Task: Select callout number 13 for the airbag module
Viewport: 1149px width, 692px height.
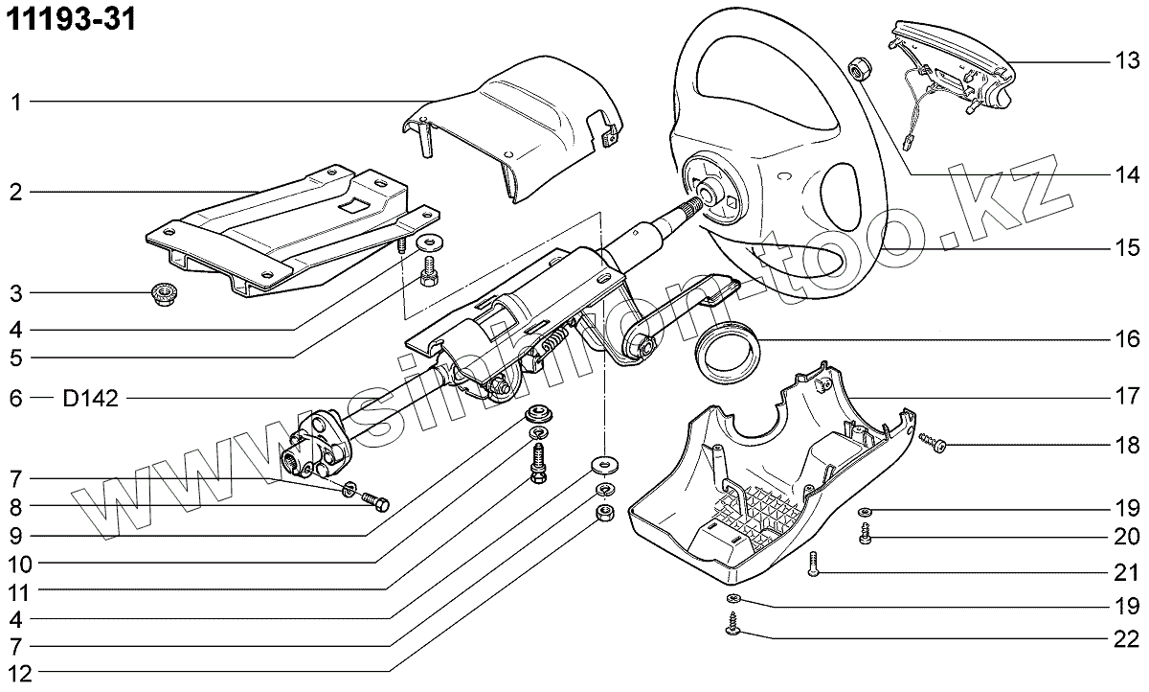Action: click(x=1126, y=62)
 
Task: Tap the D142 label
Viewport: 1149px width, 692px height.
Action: click(x=91, y=399)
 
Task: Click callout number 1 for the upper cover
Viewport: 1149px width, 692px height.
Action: click(x=16, y=102)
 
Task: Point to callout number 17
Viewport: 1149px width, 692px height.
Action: click(x=1126, y=395)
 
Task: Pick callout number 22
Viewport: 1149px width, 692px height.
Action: click(x=1126, y=638)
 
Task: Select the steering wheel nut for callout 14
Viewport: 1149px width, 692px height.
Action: click(x=859, y=68)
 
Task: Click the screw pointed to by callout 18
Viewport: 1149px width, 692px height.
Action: click(x=930, y=442)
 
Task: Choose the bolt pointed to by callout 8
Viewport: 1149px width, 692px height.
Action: click(x=376, y=500)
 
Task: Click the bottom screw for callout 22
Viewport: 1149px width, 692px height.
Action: click(x=734, y=625)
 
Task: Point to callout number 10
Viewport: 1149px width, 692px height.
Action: click(x=16, y=561)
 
